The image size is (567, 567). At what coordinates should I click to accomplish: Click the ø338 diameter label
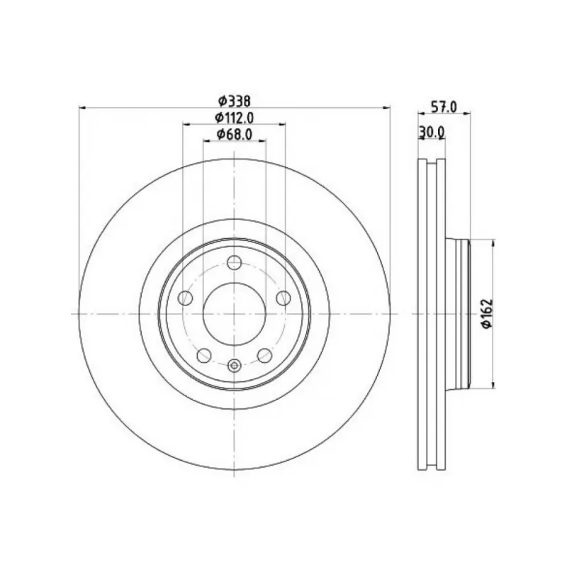(x=235, y=101)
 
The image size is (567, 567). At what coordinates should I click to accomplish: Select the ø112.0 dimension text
(x=235, y=118)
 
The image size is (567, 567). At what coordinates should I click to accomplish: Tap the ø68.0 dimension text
(x=235, y=135)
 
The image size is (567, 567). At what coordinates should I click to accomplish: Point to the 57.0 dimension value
(x=444, y=107)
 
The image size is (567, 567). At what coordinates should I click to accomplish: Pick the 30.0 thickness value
(x=432, y=133)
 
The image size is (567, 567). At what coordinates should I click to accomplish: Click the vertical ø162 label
(x=487, y=313)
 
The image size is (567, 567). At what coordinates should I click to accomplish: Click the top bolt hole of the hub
(x=235, y=262)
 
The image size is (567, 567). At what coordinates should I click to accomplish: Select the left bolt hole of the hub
(x=185, y=298)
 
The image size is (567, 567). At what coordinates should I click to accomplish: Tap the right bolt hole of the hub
(x=283, y=298)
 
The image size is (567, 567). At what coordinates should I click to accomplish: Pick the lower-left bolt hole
(x=204, y=356)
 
